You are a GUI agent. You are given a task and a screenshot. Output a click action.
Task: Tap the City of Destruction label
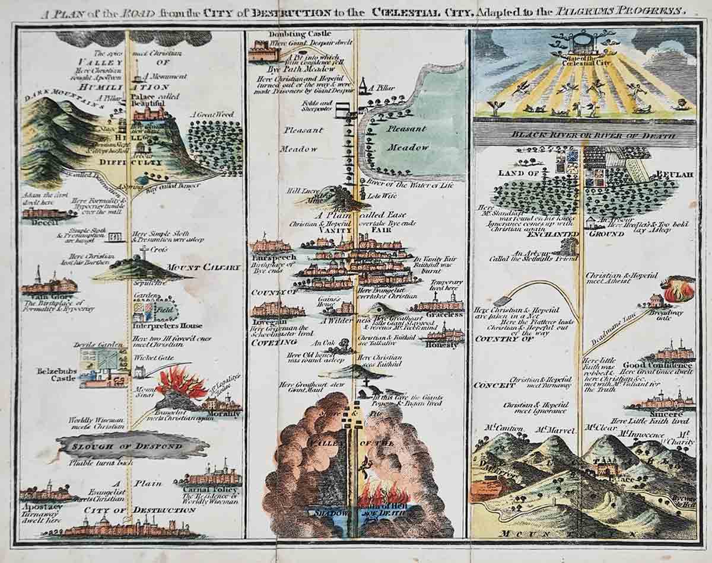click(139, 510)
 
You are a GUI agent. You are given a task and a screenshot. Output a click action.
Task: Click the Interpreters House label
click(168, 325)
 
